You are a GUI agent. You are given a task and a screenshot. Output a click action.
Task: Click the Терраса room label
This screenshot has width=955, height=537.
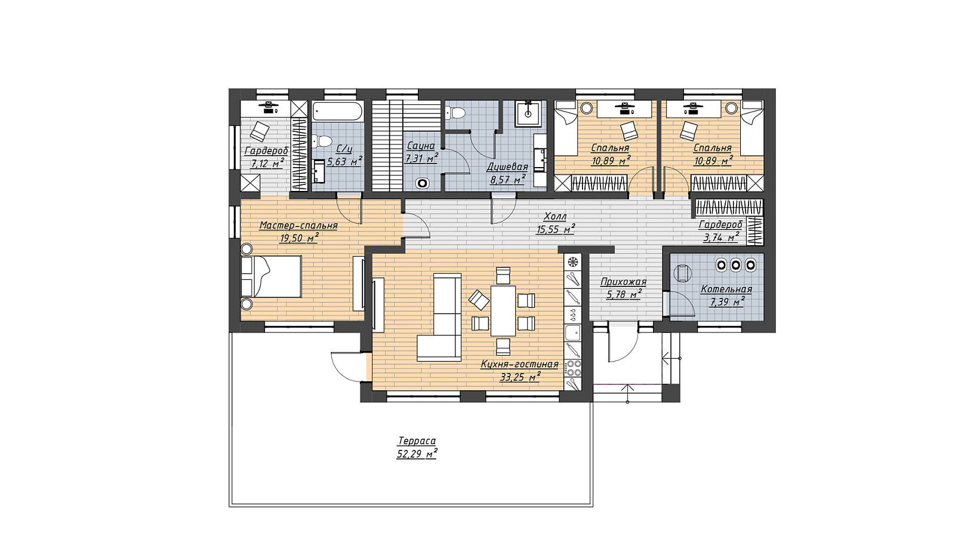tap(417, 441)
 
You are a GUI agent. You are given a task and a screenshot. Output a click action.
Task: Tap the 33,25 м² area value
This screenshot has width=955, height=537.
tap(520, 377)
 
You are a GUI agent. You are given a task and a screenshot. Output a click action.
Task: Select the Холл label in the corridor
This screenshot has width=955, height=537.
tap(556, 217)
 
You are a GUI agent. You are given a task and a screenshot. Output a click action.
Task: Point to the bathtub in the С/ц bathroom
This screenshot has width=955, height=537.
tap(338, 112)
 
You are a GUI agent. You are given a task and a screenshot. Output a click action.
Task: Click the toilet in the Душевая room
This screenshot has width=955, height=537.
tap(455, 113)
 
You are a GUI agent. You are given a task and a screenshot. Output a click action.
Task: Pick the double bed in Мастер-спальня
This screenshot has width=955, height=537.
tap(271, 276)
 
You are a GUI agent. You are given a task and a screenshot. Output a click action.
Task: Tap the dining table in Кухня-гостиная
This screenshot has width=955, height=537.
tap(504, 311)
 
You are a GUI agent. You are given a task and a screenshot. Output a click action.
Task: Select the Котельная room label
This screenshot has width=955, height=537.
tap(726, 289)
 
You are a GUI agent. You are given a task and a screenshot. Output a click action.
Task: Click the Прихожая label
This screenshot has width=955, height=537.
tap(623, 282)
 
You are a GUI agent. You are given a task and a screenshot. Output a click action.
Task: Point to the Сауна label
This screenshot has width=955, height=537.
tap(420, 146)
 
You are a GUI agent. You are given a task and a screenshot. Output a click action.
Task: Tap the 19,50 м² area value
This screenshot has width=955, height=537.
tap(299, 238)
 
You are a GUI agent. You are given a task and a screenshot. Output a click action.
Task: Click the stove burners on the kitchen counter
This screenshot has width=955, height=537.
tap(573, 368)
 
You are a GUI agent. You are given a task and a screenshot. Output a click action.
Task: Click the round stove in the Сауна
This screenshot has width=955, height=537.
tap(423, 184)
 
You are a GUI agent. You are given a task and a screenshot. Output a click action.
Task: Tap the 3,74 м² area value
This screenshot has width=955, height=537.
tap(720, 237)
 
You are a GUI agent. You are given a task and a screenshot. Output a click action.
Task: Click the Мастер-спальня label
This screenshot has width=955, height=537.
tap(298, 226)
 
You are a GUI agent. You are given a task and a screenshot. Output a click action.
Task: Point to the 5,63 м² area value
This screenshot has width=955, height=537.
tap(344, 162)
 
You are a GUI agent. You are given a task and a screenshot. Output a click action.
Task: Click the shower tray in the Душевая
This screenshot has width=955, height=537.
tap(528, 114)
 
